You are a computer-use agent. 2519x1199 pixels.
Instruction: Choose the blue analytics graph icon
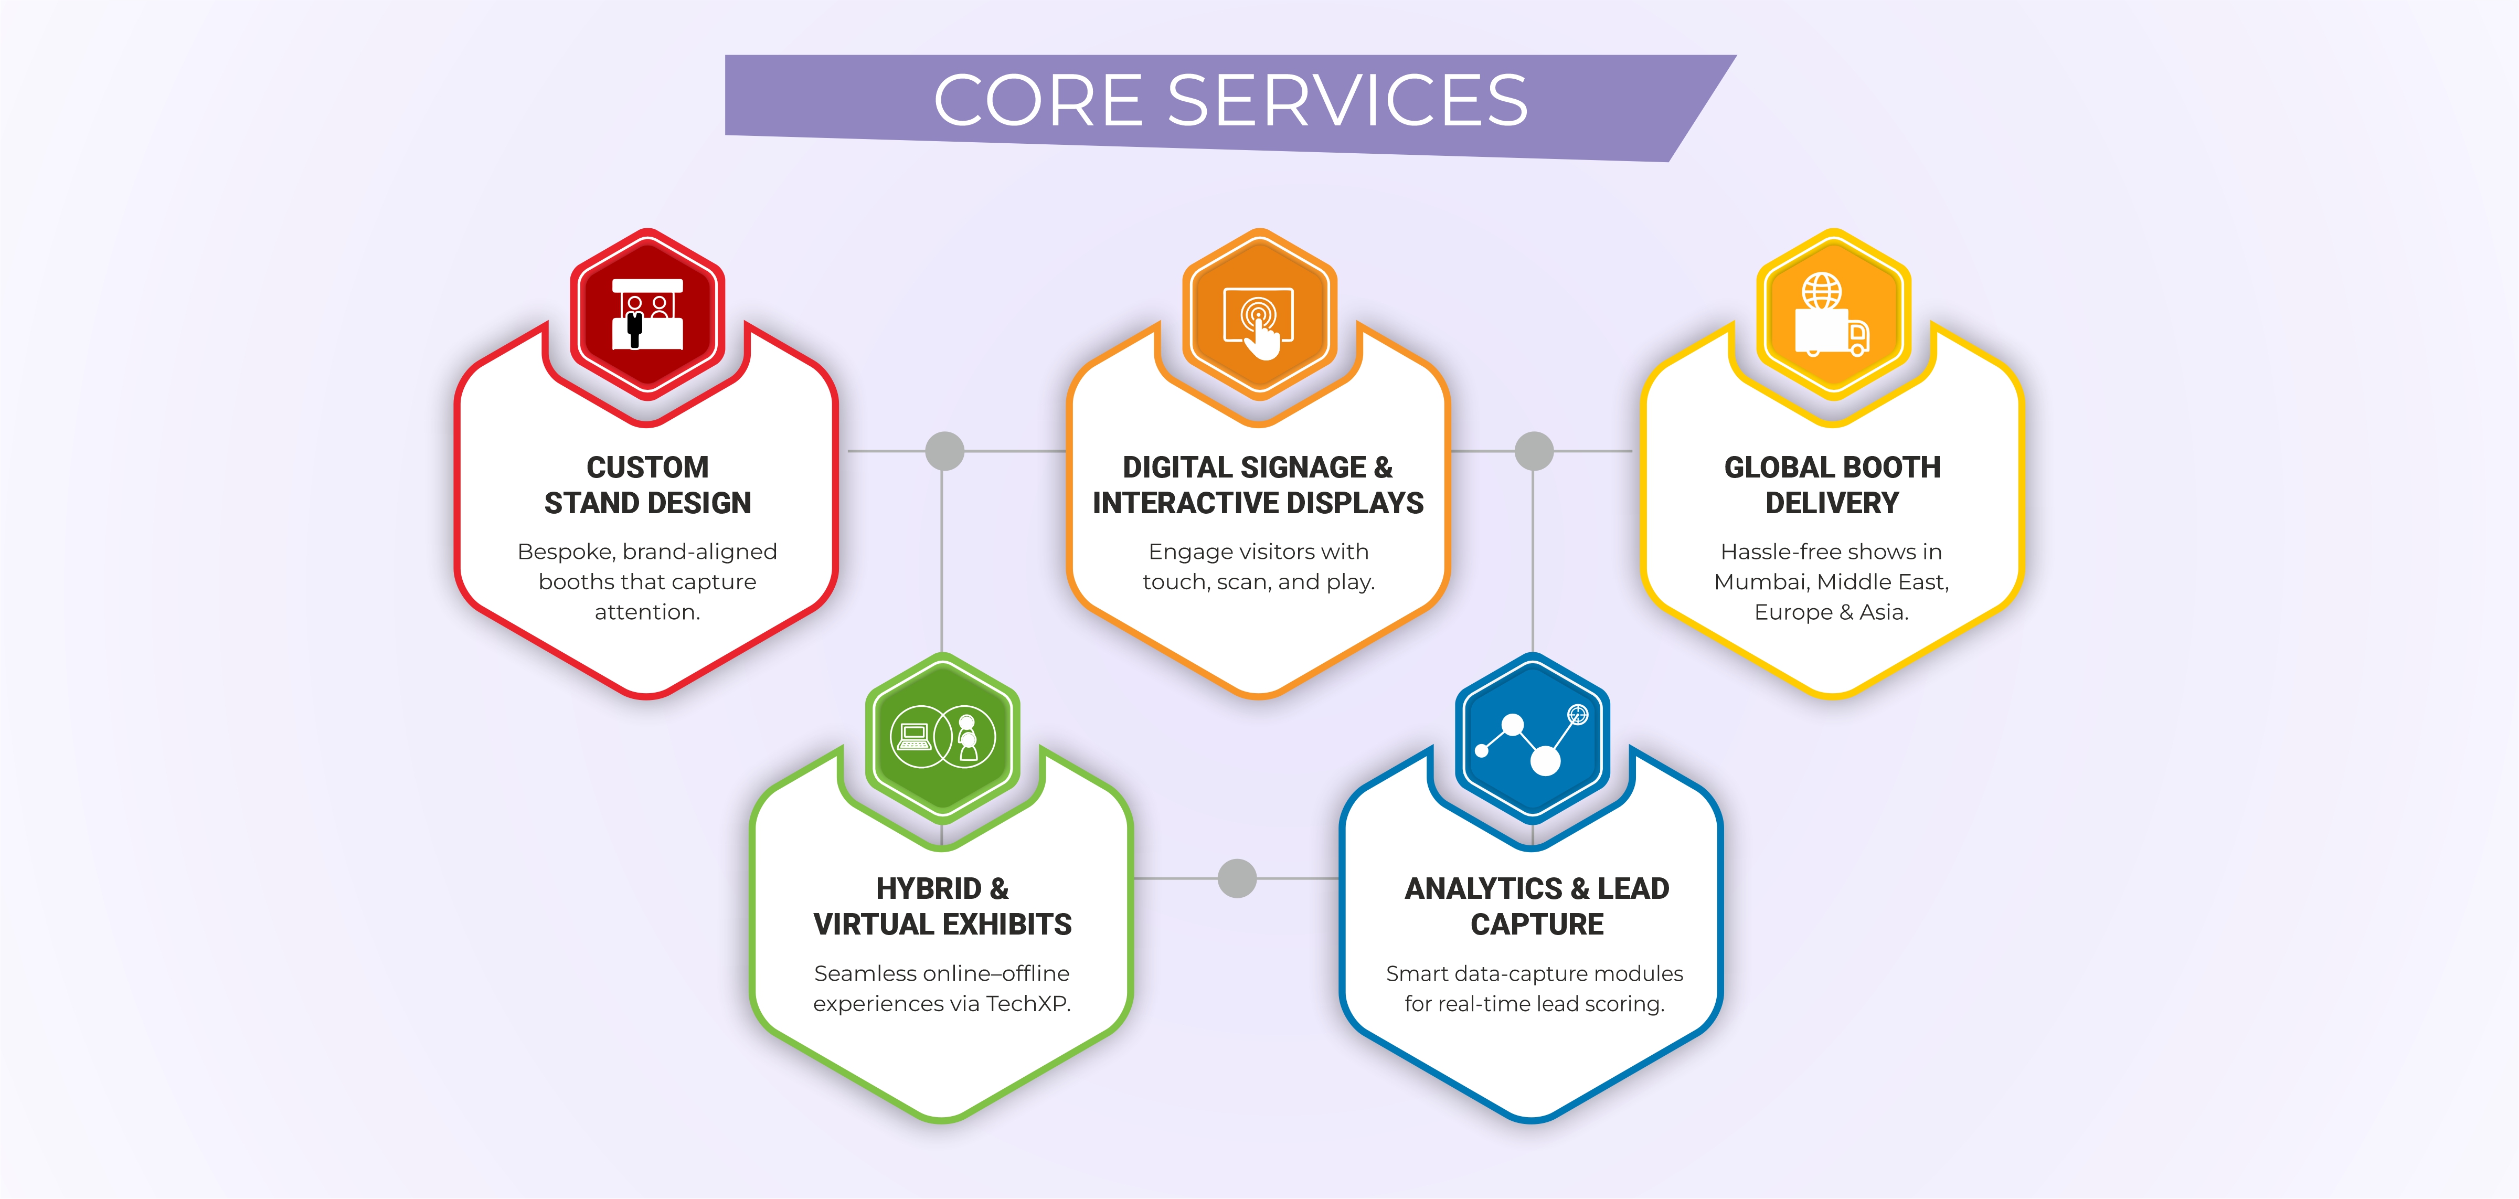[x=1532, y=736]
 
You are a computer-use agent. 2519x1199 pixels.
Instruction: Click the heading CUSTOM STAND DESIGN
[x=647, y=485]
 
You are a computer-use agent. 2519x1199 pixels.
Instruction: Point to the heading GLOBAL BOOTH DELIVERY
[x=1832, y=485]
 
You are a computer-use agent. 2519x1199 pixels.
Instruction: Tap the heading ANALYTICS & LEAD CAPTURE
[x=1536, y=907]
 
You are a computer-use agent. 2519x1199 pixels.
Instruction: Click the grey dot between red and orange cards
[x=944, y=451]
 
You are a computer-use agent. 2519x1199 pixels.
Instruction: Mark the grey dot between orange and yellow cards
[x=1533, y=451]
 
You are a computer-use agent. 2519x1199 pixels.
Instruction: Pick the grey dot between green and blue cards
[x=1237, y=878]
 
